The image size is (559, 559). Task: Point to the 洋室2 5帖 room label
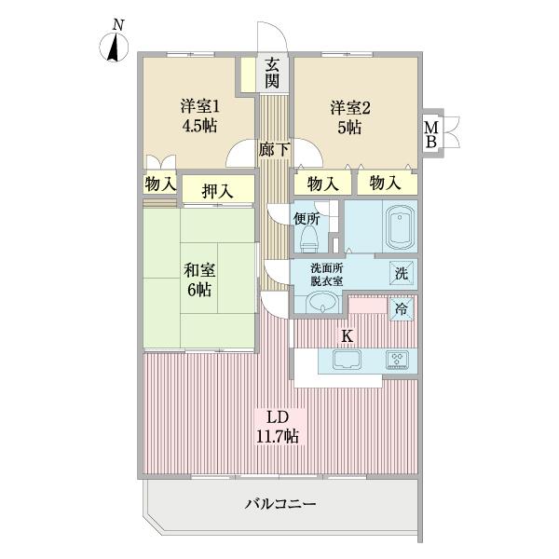(x=348, y=116)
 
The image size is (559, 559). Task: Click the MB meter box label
(x=431, y=134)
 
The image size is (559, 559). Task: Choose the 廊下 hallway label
(x=273, y=149)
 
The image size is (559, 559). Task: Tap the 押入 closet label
(x=218, y=192)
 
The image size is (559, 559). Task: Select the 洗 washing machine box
(x=399, y=274)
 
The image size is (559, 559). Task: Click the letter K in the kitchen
(x=346, y=334)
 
